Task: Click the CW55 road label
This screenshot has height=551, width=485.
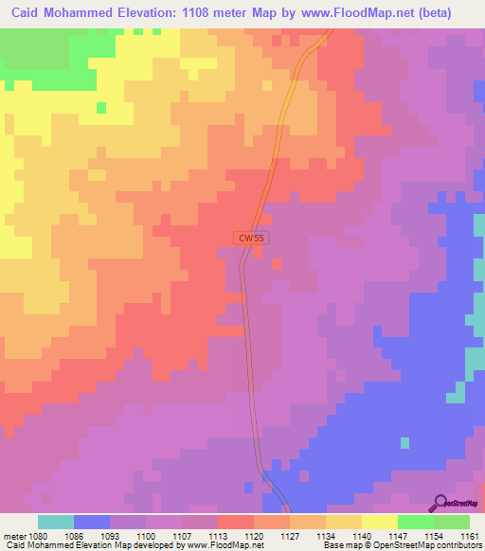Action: point(251,240)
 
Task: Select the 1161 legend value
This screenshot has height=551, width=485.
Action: point(470,535)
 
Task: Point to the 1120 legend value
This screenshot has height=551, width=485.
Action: point(254,535)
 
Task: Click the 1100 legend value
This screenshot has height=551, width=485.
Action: point(146,535)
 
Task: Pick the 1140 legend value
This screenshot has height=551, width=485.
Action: point(362,535)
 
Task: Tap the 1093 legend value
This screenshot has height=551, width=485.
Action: point(110,535)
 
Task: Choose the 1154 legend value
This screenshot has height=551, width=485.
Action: point(434,535)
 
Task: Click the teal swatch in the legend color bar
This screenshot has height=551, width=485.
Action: point(56,522)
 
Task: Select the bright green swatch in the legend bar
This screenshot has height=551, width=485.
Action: point(416,522)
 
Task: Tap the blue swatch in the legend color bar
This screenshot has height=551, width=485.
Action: point(92,522)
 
